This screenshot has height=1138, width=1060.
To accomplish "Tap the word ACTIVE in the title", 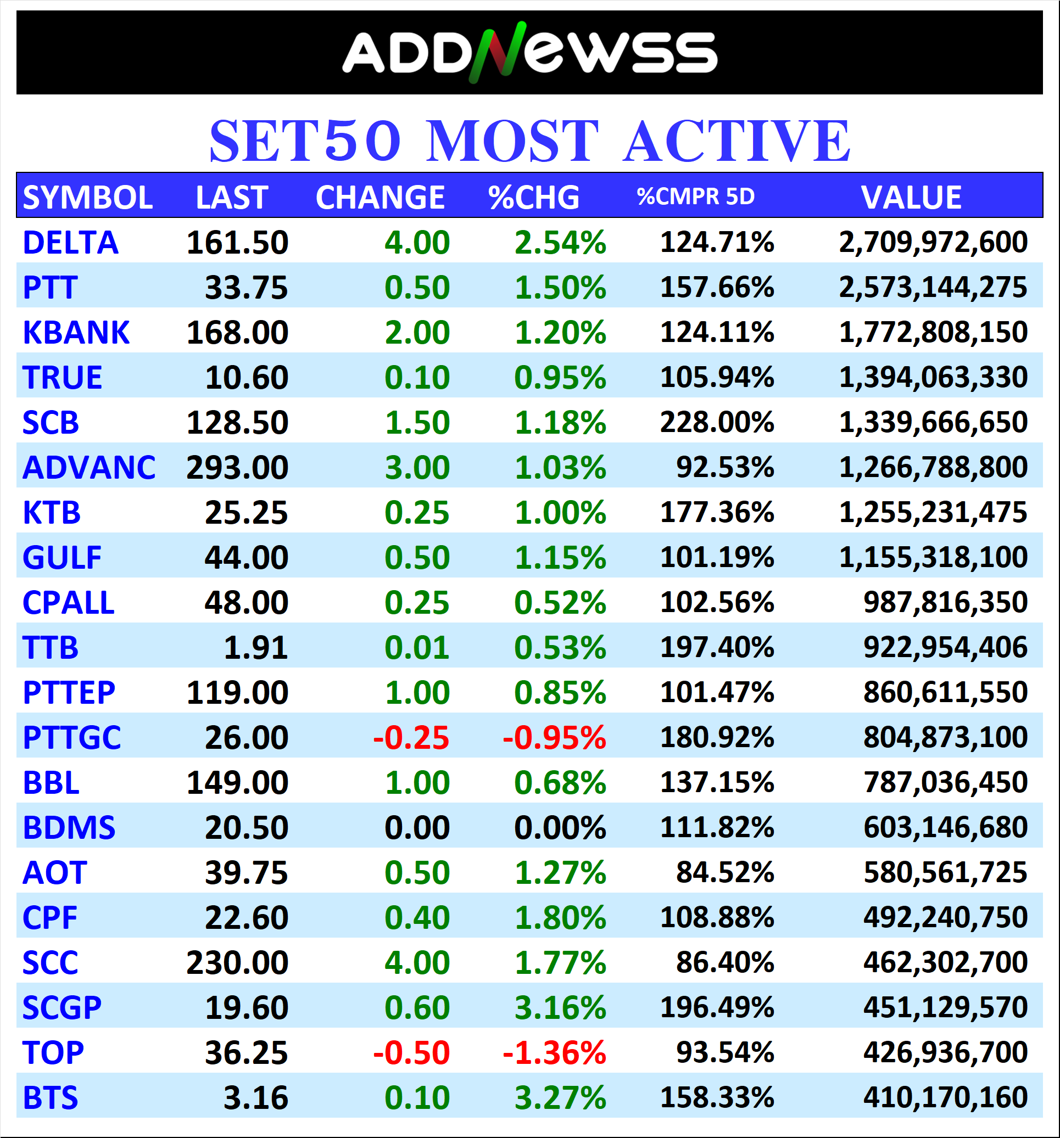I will [737, 141].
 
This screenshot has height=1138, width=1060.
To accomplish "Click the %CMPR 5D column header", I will [695, 197].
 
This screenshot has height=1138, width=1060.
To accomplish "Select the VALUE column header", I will [911, 198].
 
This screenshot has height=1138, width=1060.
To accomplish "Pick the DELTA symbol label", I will [70, 243].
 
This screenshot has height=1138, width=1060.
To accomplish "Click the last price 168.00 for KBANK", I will [237, 333].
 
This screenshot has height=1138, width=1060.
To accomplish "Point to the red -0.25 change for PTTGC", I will [411, 737].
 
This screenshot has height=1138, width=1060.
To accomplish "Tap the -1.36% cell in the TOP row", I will [554, 1053].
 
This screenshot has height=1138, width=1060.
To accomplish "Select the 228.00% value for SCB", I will [716, 423].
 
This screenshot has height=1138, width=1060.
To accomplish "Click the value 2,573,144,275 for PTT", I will [933, 287].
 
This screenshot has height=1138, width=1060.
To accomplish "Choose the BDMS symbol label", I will [69, 828].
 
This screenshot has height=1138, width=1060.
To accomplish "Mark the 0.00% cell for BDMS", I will [560, 828].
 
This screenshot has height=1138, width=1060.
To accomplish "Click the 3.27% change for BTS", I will [560, 1098].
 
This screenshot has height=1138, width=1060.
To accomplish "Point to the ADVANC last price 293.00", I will [237, 468].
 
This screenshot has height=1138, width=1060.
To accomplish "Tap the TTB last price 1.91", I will [255, 648].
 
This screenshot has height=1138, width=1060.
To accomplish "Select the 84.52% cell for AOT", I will [724, 872].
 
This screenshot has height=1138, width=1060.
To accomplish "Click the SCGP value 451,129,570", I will [945, 1007].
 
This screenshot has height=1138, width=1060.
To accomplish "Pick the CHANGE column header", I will [380, 198].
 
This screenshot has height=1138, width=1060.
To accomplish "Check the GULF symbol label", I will [62, 558].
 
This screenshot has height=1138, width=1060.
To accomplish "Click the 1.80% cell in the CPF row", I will [560, 918].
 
